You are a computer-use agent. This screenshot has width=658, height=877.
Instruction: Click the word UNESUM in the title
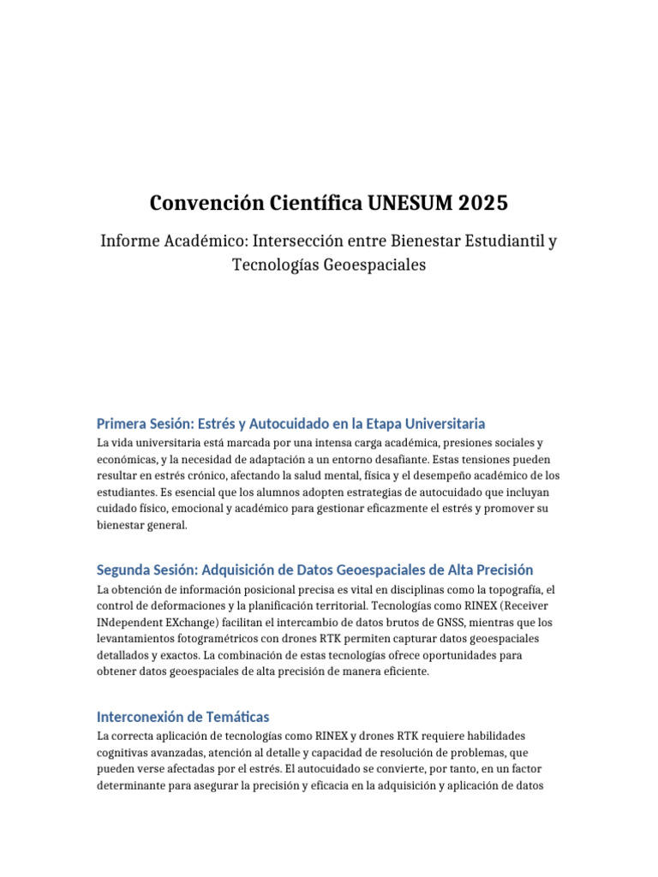[x=407, y=203]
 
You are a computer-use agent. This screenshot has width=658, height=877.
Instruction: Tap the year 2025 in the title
[x=482, y=203]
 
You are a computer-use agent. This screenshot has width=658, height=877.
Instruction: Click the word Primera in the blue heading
[x=123, y=423]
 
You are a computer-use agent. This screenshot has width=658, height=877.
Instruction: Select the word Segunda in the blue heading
[x=123, y=570]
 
